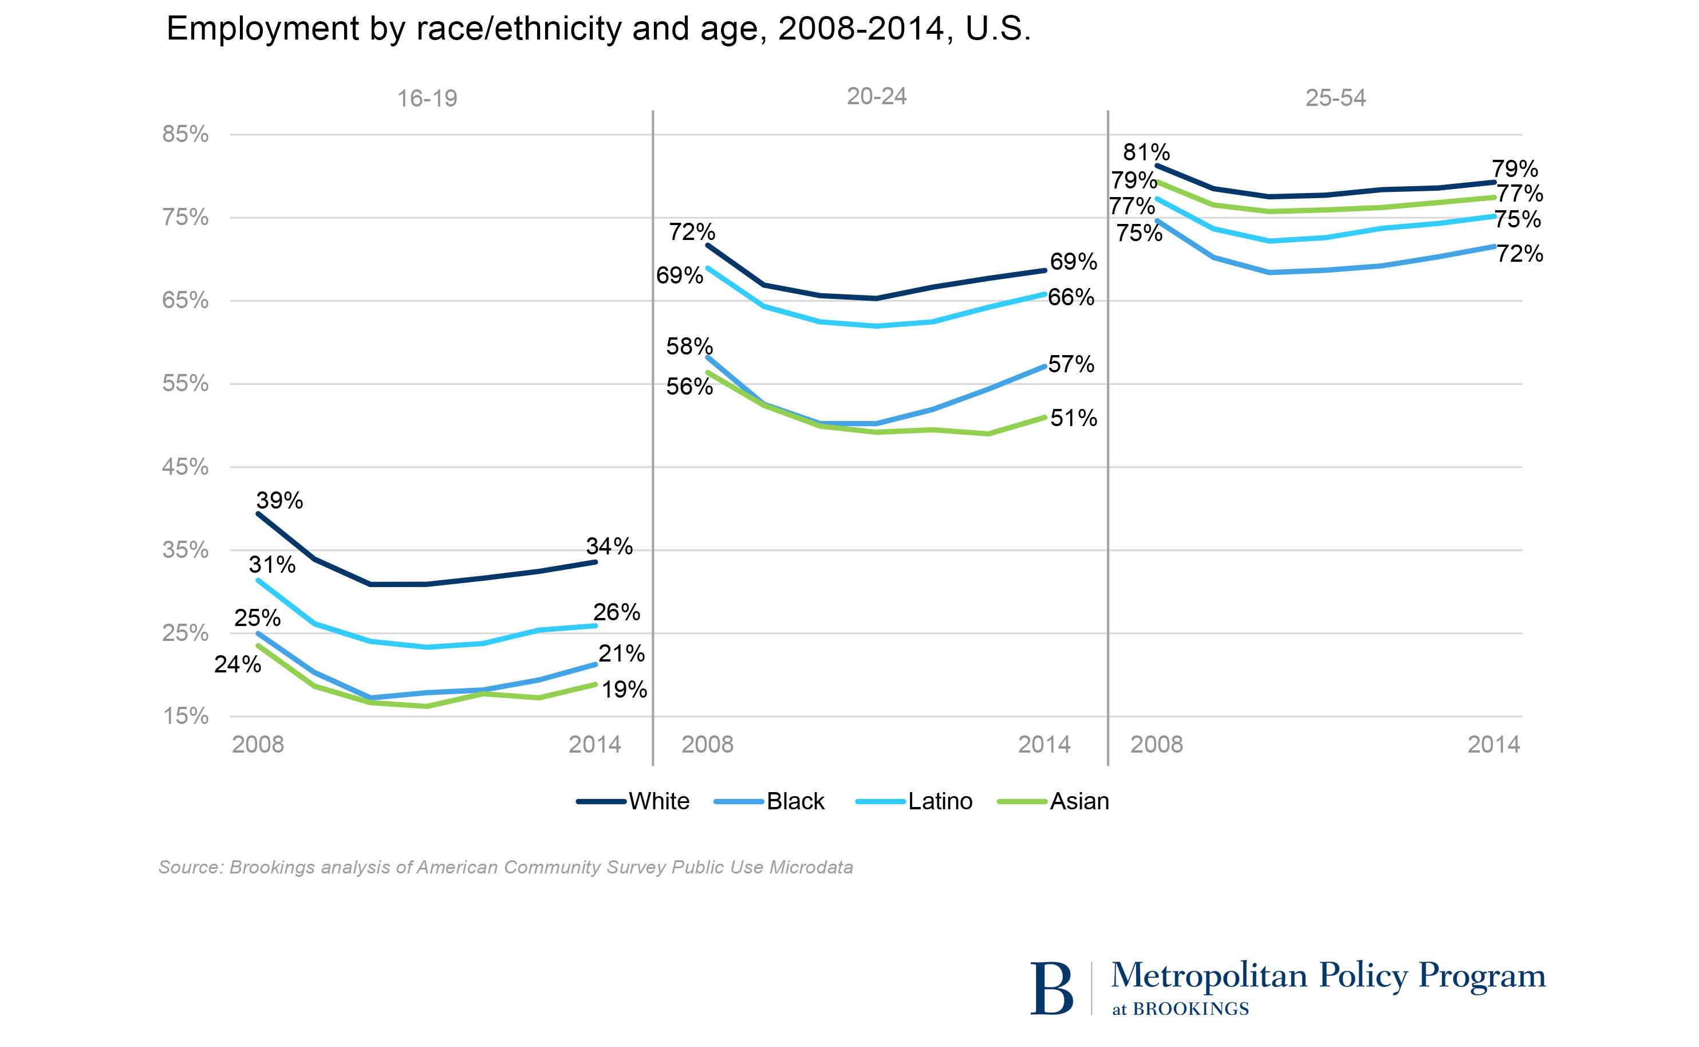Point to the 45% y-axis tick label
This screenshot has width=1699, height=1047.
(x=185, y=467)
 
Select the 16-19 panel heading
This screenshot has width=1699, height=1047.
(x=427, y=99)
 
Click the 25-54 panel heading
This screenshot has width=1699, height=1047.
(x=1335, y=97)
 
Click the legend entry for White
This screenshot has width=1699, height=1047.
(x=658, y=801)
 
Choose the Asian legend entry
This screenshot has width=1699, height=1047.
(x=1079, y=801)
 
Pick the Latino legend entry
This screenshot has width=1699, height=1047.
(x=940, y=801)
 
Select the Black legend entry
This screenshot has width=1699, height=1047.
(x=795, y=801)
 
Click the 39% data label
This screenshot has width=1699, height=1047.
(x=279, y=500)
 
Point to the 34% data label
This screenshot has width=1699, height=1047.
(x=609, y=546)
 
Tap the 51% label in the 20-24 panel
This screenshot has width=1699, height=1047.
(x=1073, y=418)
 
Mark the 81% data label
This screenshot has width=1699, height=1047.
(x=1146, y=152)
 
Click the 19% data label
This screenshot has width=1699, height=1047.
(x=624, y=689)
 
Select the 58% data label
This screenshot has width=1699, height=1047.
(x=689, y=346)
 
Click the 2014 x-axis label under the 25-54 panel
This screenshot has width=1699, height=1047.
(x=1493, y=745)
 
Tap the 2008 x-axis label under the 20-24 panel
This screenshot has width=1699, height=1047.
(x=707, y=745)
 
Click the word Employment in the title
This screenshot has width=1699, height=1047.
(x=262, y=29)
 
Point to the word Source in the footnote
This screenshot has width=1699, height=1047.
(x=189, y=868)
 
